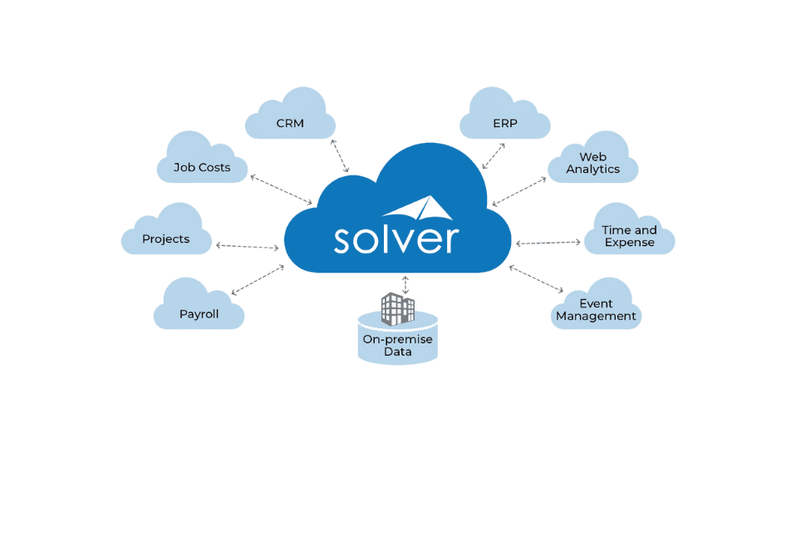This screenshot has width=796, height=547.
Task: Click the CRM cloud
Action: point(290,121)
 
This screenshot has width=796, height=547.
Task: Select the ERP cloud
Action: point(505,121)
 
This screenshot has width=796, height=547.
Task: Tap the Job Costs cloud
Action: point(202,165)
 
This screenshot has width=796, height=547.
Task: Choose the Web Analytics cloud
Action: point(593,161)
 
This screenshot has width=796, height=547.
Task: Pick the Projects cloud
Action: point(165,236)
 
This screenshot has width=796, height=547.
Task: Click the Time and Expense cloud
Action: point(629,234)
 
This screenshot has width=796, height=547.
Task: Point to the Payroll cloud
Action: point(199,311)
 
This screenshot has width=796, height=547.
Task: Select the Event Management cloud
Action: point(596,309)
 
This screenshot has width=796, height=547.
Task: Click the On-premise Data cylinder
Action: point(397,342)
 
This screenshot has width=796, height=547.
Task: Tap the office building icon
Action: point(397,308)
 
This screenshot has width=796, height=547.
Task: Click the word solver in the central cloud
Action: point(395,238)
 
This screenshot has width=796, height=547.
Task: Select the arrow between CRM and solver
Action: point(341,157)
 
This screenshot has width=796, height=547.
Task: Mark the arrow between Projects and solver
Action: point(247,246)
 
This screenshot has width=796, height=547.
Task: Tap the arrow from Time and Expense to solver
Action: point(548,243)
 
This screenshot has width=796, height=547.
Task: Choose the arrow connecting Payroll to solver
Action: point(258,280)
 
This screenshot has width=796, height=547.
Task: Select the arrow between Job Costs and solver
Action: point(281,190)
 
